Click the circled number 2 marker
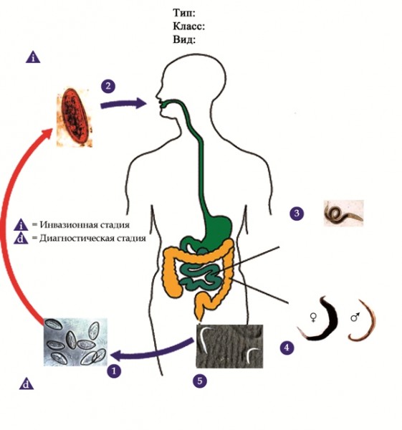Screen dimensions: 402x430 pyautogui.click(x=108, y=86)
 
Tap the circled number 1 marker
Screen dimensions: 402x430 pyautogui.click(x=114, y=371)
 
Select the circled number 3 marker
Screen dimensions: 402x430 pyautogui.click(x=297, y=214)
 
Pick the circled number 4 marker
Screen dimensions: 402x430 pyautogui.click(x=287, y=348)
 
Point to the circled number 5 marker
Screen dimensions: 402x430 pyautogui.click(x=200, y=381)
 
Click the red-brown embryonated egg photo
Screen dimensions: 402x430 pyautogui.click(x=75, y=118)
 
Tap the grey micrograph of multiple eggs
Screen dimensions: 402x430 pyautogui.click(x=75, y=342)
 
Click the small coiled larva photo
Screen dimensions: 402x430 pyautogui.click(x=344, y=213)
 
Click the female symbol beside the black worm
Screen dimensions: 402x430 pyautogui.click(x=313, y=317)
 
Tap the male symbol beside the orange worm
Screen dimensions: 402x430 pyautogui.click(x=355, y=317)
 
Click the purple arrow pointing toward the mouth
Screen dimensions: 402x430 pyautogui.click(x=123, y=104)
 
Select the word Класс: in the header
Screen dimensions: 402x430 pyautogui.click(x=189, y=27)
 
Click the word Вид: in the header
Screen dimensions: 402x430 pyautogui.click(x=184, y=39)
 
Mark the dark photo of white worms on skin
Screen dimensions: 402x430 pyautogui.click(x=229, y=346)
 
